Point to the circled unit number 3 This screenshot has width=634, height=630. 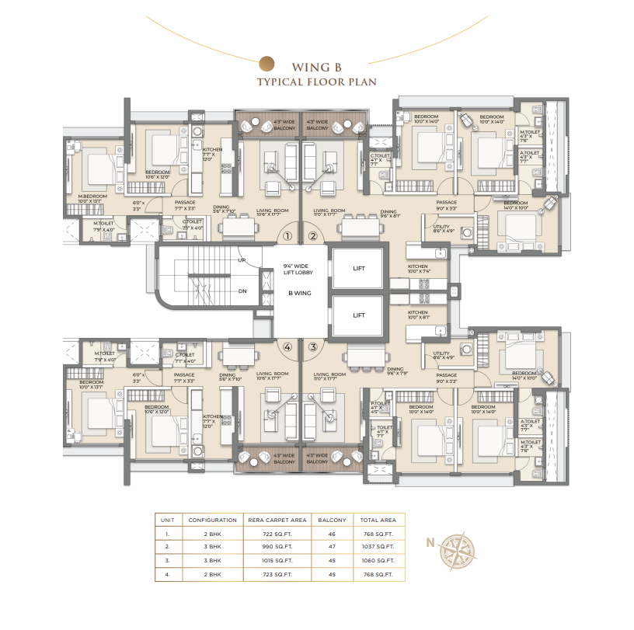coord(313,347)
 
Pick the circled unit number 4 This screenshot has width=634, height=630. coord(287,347)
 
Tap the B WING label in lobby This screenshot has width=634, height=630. coord(300,294)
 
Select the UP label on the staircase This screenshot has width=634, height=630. coord(242,260)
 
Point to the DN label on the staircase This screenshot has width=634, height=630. coord(242,291)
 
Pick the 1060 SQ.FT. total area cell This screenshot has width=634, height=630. coord(378,561)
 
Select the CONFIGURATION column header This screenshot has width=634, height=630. coord(212,520)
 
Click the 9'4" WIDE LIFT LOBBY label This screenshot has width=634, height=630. coord(299,270)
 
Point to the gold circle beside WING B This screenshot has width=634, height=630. coord(266,64)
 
